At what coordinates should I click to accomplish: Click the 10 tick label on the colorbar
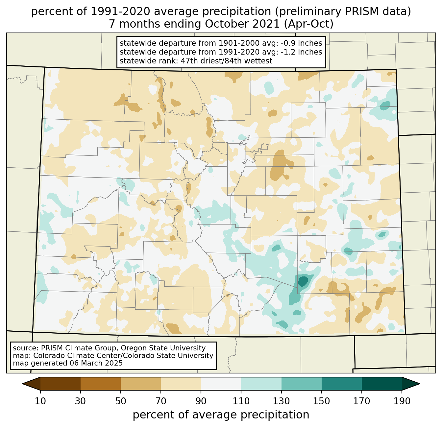pyautogui.click(x=40, y=401)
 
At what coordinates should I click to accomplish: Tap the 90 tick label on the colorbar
pyautogui.click(x=201, y=401)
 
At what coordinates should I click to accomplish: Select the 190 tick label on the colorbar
pyautogui.click(x=402, y=401)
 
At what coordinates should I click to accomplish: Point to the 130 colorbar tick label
pyautogui.click(x=282, y=401)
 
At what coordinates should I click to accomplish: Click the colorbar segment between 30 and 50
pyautogui.click(x=101, y=384)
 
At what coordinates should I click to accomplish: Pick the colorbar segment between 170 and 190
pyautogui.click(x=382, y=384)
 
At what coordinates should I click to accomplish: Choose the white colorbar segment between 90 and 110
pyautogui.click(x=221, y=384)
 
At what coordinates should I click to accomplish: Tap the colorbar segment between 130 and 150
pyautogui.click(x=302, y=384)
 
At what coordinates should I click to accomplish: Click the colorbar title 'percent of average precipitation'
pyautogui.click(x=221, y=415)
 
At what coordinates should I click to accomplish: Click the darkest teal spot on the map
pyautogui.click(x=303, y=281)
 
